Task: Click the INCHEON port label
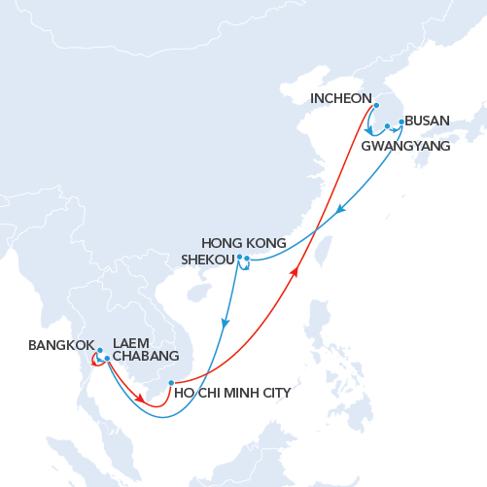pos(341,98)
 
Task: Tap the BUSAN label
pos(427,122)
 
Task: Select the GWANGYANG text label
pos(405,147)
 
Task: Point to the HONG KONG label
pos(244,243)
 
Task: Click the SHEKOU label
pos(209,260)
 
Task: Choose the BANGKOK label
pos(61,345)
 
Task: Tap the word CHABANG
pos(146,357)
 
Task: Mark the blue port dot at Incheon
pos(376,106)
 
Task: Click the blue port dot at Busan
pos(401,122)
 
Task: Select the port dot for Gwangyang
pos(387,126)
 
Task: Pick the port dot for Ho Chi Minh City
pos(171,382)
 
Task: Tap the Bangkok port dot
pos(99,350)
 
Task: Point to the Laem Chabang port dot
pos(107,359)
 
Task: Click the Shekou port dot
pos(239,257)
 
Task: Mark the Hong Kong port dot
pos(247,259)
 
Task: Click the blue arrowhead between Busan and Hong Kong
pos(338,210)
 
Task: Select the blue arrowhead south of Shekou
pos(225,323)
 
